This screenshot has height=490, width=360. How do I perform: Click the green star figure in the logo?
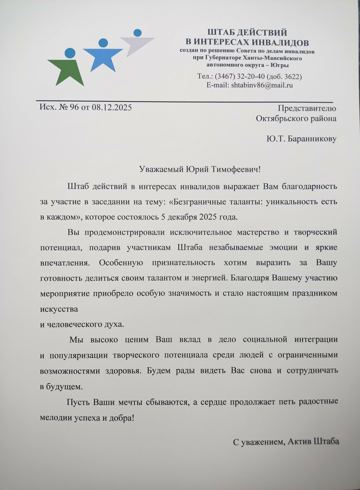(67, 70)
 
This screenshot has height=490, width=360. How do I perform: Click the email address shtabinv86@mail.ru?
(262, 86)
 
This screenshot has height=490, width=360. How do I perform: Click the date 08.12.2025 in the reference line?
(111, 107)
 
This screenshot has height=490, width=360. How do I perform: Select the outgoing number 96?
(74, 107)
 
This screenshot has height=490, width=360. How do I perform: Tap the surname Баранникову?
(311, 139)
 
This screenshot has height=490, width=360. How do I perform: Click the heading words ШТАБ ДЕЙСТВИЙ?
(247, 33)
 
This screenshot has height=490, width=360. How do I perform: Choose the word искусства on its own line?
(59, 309)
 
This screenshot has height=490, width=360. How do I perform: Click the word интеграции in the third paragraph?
(316, 340)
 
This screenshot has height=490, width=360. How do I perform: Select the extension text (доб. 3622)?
(284, 77)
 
